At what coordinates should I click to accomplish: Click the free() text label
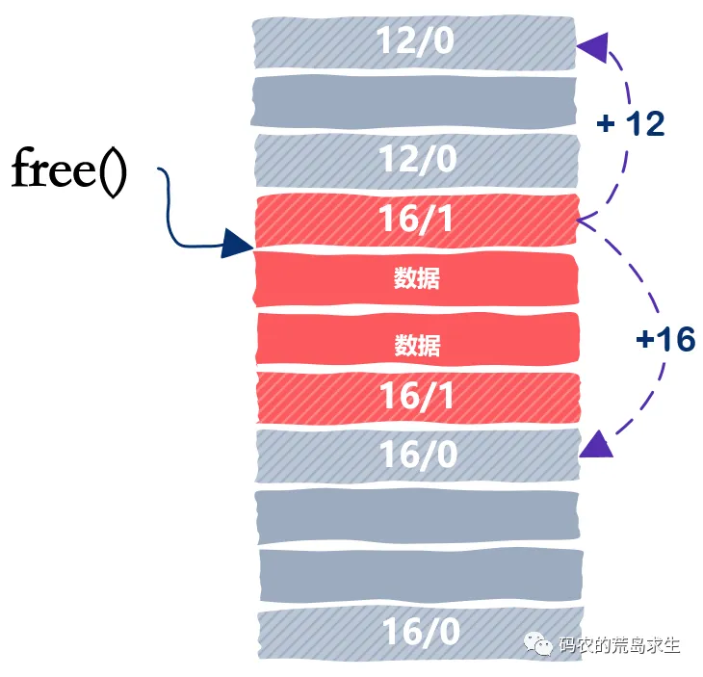pyautogui.click(x=69, y=172)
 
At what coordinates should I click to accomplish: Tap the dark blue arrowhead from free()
pyautogui.click(x=237, y=244)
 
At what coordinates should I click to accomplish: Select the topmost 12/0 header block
pyautogui.click(x=414, y=43)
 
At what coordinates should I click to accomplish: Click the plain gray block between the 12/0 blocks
pyautogui.click(x=413, y=101)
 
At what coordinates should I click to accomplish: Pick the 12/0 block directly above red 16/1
pyautogui.click(x=417, y=161)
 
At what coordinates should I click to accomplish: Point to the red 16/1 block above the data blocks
pyautogui.click(x=417, y=221)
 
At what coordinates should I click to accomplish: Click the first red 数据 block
pyautogui.click(x=416, y=278)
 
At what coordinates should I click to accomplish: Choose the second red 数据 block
pyautogui.click(x=417, y=339)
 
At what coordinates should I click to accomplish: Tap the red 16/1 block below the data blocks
pyautogui.click(x=418, y=397)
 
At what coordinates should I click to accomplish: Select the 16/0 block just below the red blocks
pyautogui.click(x=418, y=456)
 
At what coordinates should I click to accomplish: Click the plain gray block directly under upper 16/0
pyautogui.click(x=418, y=516)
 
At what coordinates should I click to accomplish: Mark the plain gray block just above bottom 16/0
pyautogui.click(x=421, y=576)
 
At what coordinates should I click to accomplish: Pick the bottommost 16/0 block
pyautogui.click(x=421, y=634)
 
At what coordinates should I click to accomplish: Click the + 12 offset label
pyautogui.click(x=631, y=123)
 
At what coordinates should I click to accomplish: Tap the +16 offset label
pyautogui.click(x=665, y=339)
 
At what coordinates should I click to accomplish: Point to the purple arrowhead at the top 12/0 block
pyautogui.click(x=594, y=46)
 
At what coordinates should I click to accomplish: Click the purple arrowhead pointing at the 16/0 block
pyautogui.click(x=597, y=444)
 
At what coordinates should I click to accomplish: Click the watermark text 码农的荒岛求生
pyautogui.click(x=619, y=645)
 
